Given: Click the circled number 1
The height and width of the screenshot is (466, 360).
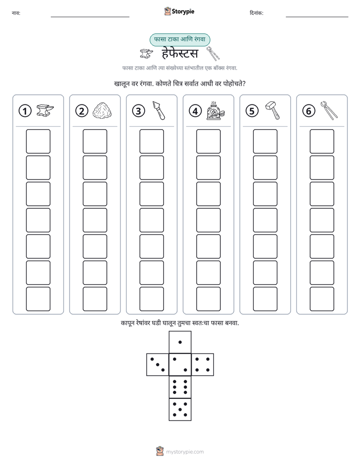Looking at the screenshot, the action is point(25,111).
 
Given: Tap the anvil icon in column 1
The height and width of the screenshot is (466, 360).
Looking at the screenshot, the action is point(45,110).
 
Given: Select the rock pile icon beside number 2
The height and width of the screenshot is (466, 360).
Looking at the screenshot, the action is point(102,110).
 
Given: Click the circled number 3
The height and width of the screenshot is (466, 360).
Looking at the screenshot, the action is point(139,111).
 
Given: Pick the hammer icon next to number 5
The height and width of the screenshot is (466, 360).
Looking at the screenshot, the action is point(272,110).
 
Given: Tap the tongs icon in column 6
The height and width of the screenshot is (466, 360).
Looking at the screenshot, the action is point(329,110).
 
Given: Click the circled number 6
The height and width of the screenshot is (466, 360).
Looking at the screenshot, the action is point(309,111).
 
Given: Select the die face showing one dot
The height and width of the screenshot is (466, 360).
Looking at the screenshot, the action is point(180,342).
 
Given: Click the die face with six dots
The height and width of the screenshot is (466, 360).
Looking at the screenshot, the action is point(180,387).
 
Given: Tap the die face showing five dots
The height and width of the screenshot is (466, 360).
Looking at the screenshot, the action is point(180,409).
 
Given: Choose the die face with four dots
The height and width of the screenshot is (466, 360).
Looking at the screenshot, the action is point(203,365).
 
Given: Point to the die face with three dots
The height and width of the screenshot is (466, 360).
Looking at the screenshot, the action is point(158,365).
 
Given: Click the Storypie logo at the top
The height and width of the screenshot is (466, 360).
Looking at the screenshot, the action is point(179,11).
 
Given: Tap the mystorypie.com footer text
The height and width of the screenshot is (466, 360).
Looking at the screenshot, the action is point(185,452).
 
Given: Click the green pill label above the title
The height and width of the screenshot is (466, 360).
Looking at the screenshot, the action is point(179,39).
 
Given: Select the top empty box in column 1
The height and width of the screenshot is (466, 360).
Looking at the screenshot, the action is point(38,141).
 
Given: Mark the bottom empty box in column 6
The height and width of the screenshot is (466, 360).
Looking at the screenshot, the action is point(322,299).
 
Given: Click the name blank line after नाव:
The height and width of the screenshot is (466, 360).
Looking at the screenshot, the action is point(90,17).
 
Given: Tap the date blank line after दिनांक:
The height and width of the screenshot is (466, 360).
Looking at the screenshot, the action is point(317,17).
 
